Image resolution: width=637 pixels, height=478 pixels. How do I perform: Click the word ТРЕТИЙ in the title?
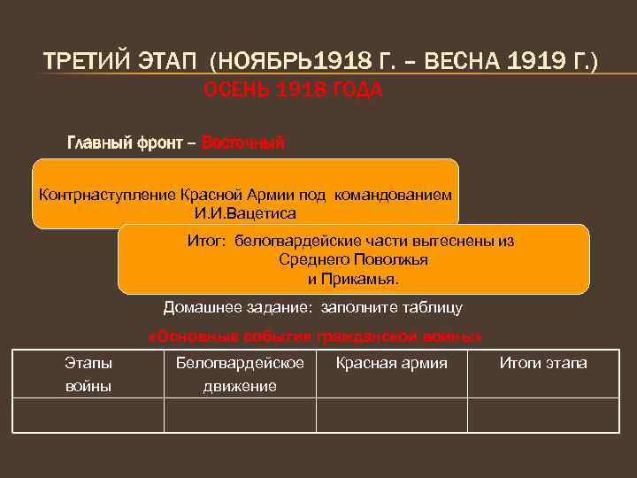(84, 64)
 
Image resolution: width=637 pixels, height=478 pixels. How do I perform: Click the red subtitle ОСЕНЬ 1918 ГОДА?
(293, 90)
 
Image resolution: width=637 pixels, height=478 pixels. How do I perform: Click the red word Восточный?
(243, 142)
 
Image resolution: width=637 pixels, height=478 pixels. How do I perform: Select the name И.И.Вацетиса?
(246, 213)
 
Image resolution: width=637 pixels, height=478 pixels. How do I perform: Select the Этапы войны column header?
(88, 374)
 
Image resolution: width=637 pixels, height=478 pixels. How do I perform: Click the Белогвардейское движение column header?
(240, 374)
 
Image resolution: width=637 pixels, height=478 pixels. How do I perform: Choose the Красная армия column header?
(392, 363)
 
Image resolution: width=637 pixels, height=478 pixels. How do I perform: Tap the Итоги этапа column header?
(543, 363)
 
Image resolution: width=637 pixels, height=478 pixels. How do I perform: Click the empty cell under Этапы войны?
(88, 415)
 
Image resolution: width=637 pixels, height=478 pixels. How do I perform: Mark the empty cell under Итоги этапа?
(543, 415)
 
